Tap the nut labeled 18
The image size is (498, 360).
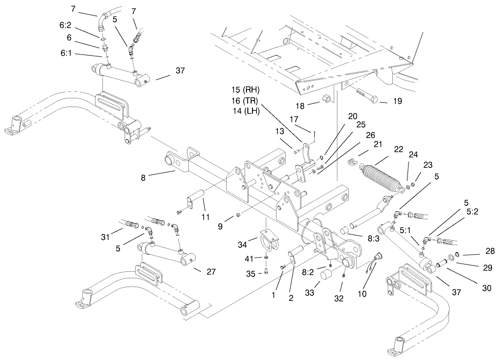(x=324, y=98)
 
